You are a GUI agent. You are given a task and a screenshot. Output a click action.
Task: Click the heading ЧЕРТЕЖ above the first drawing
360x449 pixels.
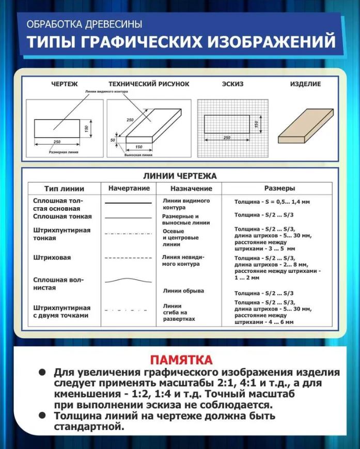click(64, 84)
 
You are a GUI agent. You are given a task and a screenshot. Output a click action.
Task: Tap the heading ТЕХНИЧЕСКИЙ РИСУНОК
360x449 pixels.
click(149, 84)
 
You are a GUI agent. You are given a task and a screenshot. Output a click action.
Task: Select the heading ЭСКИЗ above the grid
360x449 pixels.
click(232, 84)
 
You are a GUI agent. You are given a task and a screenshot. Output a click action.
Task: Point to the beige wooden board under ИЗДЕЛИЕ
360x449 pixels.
click(305, 126)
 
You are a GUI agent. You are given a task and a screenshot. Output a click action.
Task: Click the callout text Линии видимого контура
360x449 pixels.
click(106, 91)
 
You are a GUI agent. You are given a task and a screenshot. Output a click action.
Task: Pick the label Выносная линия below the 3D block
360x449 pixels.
click(138, 155)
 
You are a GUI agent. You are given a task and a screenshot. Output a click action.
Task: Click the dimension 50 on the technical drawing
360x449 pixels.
click(113, 140)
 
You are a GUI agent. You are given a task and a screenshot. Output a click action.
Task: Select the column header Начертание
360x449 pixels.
click(129, 188)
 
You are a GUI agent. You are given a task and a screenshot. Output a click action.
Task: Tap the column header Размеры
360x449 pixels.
click(280, 188)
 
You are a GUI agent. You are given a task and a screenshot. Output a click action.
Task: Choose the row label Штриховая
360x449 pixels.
click(52, 257)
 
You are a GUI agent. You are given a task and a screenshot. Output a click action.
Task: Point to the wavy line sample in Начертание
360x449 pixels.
click(129, 281)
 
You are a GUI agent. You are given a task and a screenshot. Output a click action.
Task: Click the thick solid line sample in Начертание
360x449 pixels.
click(129, 203)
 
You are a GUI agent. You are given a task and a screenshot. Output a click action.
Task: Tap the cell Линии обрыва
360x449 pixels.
click(183, 291)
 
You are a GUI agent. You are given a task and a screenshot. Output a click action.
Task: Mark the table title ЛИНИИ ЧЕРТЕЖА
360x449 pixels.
click(179, 176)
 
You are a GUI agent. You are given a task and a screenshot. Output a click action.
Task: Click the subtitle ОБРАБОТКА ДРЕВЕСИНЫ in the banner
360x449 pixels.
click(84, 24)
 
